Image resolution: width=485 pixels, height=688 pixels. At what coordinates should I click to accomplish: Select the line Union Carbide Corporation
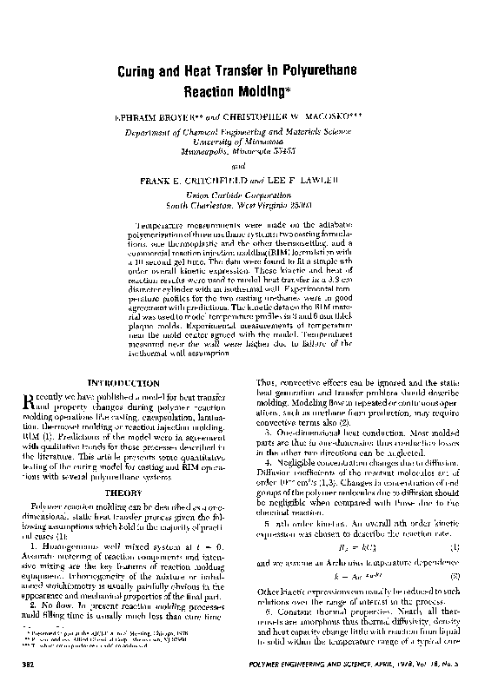tap(242, 197)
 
